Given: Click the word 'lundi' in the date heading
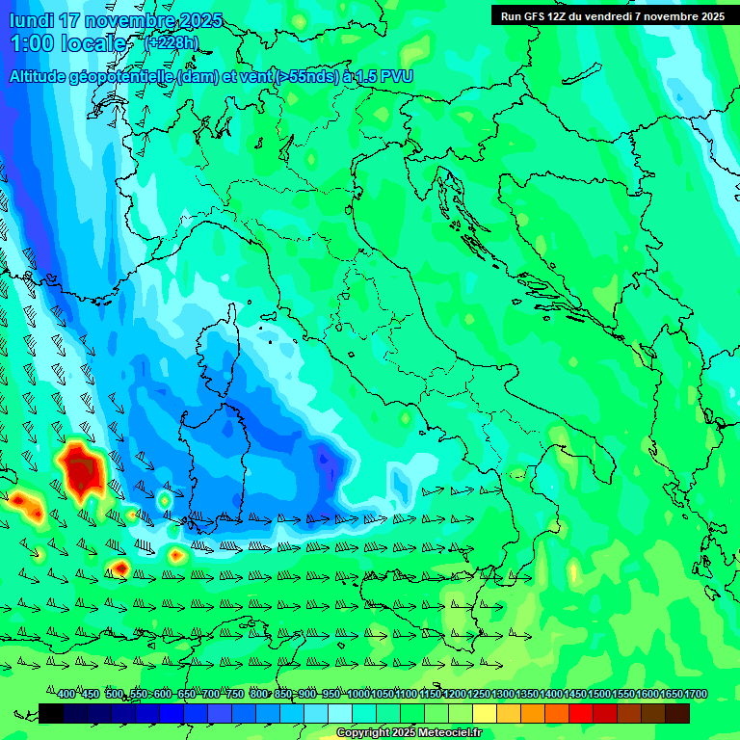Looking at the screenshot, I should click(32, 21).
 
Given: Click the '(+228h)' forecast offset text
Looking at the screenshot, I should click(172, 42).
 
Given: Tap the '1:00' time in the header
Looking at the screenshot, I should click(32, 43).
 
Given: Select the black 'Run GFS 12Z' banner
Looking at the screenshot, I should click(612, 15).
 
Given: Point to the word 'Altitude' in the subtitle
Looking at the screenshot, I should click(42, 76).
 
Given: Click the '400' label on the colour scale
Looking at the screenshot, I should click(66, 694).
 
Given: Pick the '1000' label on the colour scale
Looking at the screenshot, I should click(358, 694).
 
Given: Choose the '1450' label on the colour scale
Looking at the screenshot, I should click(575, 694).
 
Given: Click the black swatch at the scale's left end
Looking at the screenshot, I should click(51, 713).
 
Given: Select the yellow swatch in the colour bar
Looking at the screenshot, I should click(485, 713).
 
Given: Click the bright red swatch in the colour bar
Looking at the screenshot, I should click(581, 713).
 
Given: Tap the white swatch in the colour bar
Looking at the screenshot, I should click(340, 713).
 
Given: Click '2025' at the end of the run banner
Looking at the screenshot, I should click(711, 15).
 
